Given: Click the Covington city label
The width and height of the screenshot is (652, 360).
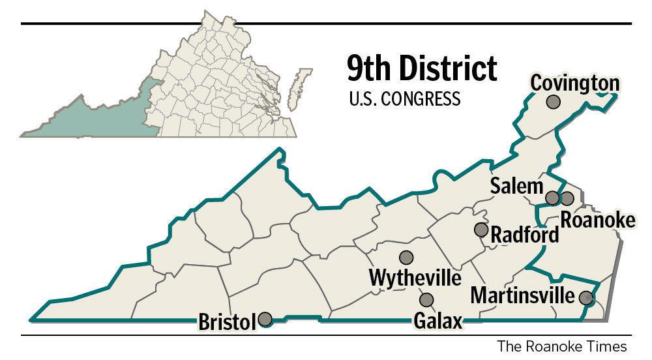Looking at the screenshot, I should pyautogui.click(x=574, y=83).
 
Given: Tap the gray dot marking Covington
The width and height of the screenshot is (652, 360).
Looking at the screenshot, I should pyautogui.click(x=554, y=102).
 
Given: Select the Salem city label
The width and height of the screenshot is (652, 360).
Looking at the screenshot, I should pyautogui.click(x=516, y=187).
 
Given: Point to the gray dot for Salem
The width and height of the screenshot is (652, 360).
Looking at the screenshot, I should pyautogui.click(x=552, y=198).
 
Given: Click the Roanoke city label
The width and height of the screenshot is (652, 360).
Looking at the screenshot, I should pyautogui.click(x=597, y=220).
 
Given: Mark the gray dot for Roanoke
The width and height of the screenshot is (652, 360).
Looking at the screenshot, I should pyautogui.click(x=567, y=198).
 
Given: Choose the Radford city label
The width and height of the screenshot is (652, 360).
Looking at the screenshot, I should pyautogui.click(x=524, y=234).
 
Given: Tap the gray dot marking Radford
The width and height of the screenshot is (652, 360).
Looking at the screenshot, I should pyautogui.click(x=481, y=230).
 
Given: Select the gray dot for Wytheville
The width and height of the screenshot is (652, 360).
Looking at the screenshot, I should pyautogui.click(x=406, y=258).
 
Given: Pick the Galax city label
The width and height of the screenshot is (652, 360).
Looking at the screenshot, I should pyautogui.click(x=437, y=321).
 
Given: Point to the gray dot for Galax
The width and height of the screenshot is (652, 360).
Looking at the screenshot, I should pyautogui.click(x=426, y=300).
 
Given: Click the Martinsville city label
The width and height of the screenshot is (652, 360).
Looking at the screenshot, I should pyautogui.click(x=523, y=295).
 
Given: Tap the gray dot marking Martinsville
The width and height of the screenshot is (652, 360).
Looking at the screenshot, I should pyautogui.click(x=586, y=298).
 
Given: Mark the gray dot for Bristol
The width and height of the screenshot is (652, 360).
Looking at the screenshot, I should pyautogui.click(x=265, y=319).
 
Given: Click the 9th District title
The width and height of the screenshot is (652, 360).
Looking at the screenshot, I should pyautogui.click(x=421, y=67).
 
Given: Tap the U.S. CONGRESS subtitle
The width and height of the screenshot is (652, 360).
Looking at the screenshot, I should pyautogui.click(x=404, y=99).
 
